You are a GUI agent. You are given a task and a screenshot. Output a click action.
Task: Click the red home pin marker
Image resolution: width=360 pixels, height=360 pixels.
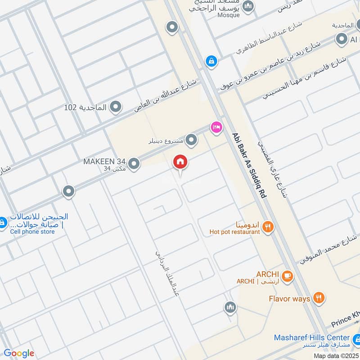pos(180,162)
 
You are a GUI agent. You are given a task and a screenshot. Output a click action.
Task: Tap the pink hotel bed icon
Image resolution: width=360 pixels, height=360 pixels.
pos(216,128)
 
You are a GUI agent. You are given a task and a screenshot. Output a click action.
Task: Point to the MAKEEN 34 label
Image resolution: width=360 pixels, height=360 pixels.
pos(103,161)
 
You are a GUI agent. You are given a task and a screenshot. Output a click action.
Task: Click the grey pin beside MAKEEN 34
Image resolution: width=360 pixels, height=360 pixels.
pos(133,164)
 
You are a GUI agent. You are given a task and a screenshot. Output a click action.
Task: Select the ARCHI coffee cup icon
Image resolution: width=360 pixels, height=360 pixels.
pos(288,275)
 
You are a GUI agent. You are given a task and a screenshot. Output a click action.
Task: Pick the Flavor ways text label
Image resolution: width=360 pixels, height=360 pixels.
pos(289,299)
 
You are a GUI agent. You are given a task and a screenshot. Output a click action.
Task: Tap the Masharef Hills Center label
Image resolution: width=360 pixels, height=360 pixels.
pos(312,337)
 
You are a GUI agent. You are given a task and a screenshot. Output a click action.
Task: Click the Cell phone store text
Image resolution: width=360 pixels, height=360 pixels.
pos(32,232)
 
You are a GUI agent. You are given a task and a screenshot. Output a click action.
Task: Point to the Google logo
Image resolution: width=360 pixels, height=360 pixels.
pos(19,353)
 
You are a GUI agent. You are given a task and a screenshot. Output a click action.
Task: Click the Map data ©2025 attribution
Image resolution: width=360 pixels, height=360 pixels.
pos(335,355)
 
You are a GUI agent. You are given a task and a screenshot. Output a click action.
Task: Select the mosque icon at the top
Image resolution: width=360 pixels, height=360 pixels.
pos(248,6)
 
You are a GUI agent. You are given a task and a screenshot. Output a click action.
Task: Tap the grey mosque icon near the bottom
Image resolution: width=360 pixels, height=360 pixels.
pos(230,307)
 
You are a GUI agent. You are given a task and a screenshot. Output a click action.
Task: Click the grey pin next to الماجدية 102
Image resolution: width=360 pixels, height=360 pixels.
pos(116,107)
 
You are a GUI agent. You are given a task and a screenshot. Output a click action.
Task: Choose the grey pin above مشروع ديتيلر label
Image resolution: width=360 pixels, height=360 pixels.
pos(192,141)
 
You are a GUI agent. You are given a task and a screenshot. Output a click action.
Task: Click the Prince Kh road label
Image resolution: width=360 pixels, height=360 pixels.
pos(346,321)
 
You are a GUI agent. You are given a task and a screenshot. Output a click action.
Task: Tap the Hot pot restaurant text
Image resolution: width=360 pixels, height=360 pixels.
pos(234,232)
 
